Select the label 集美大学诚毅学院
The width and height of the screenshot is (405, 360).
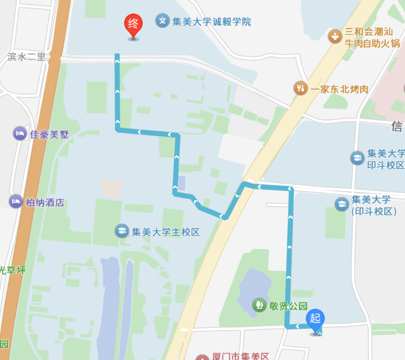tap(212, 22)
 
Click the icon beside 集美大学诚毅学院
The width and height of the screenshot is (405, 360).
tap(162, 21)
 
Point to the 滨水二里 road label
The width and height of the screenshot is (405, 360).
tap(27, 57)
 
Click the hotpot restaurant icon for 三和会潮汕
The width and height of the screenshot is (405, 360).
tap(335, 36)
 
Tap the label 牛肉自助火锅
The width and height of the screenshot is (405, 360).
tap(372, 43)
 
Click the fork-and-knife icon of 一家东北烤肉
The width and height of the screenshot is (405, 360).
tap(301, 88)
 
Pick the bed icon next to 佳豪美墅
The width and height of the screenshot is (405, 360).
tap(20, 134)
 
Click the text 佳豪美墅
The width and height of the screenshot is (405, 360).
tap(49, 135)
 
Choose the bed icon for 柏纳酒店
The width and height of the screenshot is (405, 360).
tap(16, 202)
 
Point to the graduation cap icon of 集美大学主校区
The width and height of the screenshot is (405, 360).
tap(121, 230)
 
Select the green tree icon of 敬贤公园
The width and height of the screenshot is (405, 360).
tap(259, 305)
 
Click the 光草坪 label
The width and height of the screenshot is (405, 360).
tap(12, 270)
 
